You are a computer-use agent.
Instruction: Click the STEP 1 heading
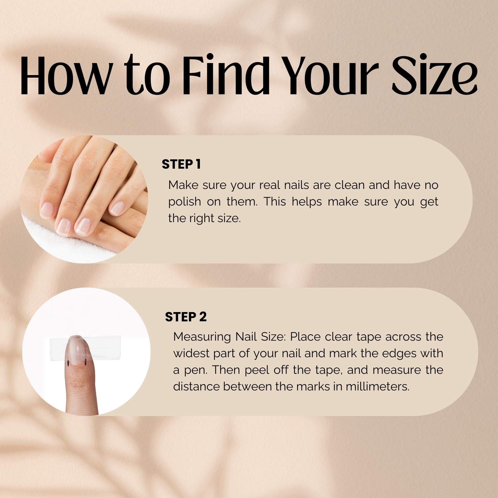[181, 164]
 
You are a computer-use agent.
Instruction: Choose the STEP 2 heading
[186, 317]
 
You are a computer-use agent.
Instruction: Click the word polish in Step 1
[184, 202]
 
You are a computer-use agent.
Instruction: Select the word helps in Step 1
[307, 202]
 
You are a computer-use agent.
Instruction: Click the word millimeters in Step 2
[377, 387]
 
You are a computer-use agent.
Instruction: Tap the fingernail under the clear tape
[77, 348]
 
